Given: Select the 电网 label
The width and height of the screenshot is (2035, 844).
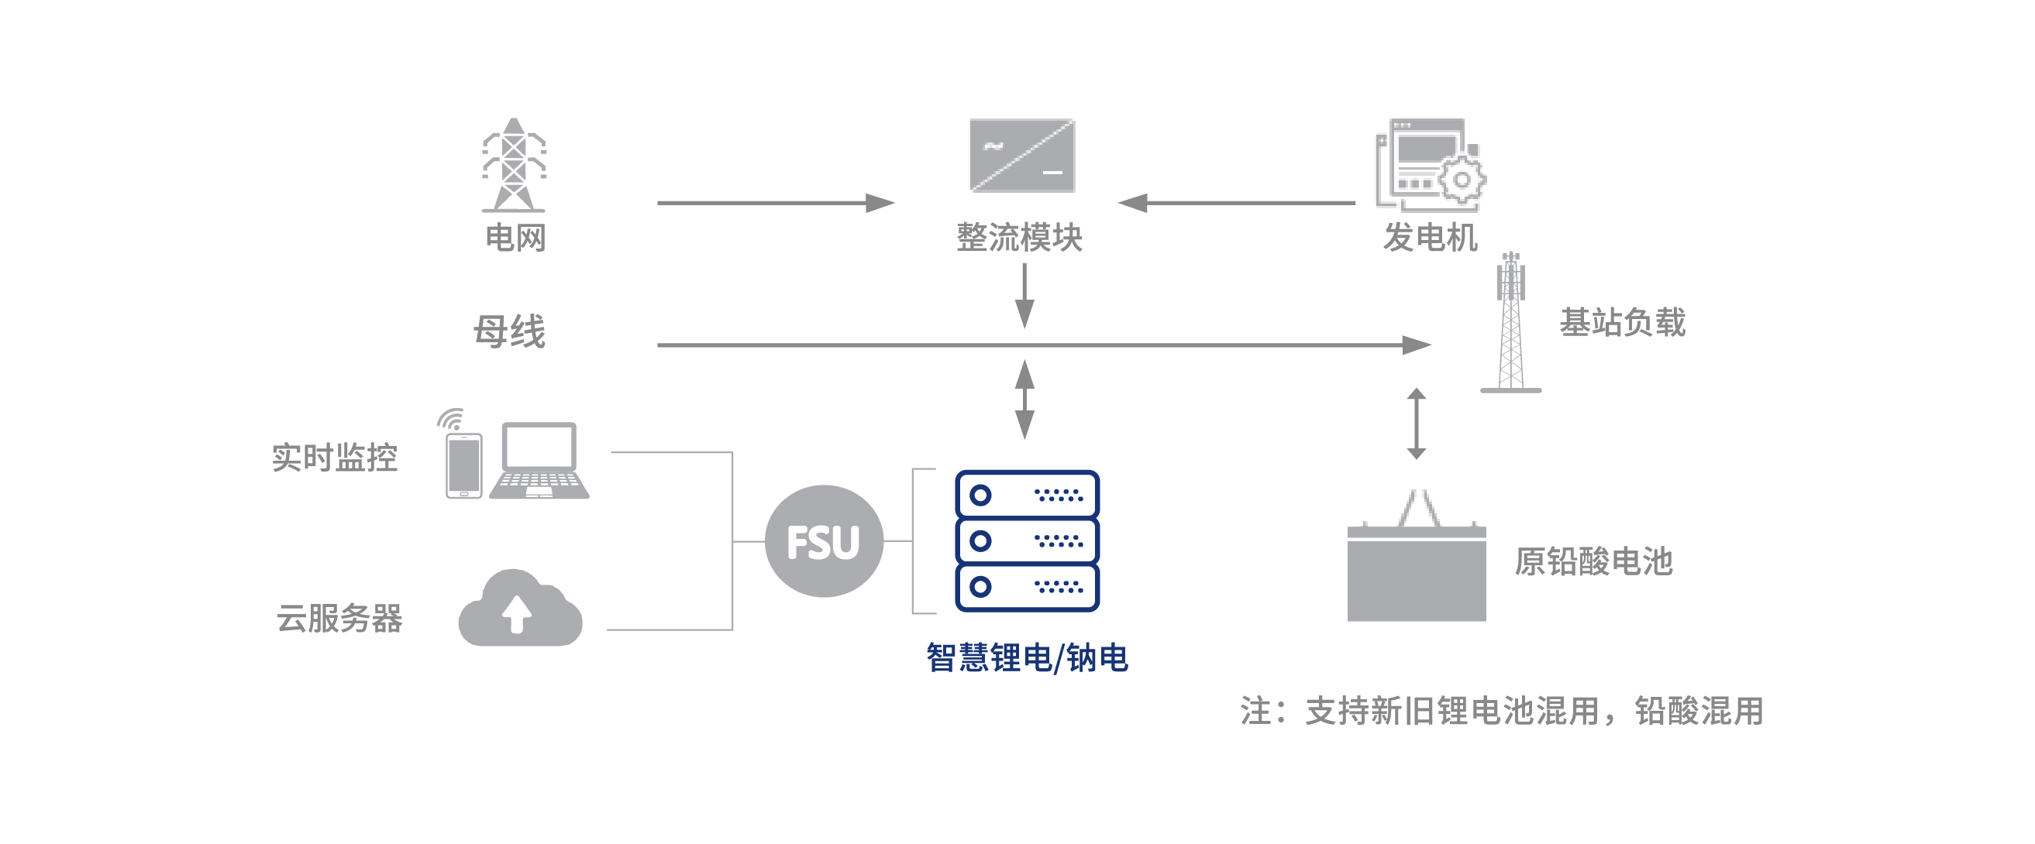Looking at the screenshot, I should (515, 238).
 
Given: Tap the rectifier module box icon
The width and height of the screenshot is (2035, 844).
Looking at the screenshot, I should (1021, 156).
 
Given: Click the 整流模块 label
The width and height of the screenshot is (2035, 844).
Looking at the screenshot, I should (1019, 238).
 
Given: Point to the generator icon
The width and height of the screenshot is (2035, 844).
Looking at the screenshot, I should (1429, 165).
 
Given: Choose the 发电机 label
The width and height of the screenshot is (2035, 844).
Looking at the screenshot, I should (1430, 238).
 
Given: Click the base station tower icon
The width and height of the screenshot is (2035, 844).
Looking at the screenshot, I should (1510, 323).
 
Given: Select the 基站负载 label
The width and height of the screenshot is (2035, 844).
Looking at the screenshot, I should (1623, 322).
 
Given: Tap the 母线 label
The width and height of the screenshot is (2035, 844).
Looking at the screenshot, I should (510, 331).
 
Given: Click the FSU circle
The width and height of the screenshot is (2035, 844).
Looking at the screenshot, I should (823, 541).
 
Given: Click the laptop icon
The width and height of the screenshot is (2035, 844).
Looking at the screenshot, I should (539, 461).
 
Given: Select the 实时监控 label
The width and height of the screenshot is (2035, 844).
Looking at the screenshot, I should (334, 458).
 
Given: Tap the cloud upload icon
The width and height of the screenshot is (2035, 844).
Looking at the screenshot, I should (520, 609).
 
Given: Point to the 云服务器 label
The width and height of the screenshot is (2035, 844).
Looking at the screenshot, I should (339, 618).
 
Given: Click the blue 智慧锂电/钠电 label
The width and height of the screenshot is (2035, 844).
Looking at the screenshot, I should (1027, 657).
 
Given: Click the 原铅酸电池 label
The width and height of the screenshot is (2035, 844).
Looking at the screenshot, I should (1593, 561).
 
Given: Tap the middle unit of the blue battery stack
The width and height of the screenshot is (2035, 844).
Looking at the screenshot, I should (1027, 540).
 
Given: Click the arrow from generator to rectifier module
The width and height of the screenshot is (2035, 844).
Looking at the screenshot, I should (1237, 203).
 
